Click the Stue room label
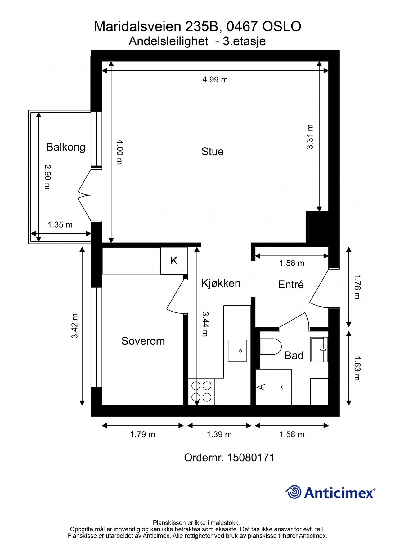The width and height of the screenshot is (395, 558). point(212,152)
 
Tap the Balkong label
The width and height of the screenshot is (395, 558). point(66,147)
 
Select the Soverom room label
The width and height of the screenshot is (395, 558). point(143,341)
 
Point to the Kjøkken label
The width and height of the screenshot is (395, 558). point(221,283)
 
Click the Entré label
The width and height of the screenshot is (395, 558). point(291,284)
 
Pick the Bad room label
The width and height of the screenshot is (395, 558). point(294,356)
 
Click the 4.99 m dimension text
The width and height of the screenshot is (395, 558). point(215,80)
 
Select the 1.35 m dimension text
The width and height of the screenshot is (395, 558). point(60,224)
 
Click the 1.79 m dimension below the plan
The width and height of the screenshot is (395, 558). point(142,434)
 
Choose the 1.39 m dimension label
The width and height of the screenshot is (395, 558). point(219,434)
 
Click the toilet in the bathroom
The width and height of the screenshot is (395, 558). point(271,347)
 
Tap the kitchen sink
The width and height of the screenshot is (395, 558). point(237,351)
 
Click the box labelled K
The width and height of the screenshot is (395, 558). point(174,261)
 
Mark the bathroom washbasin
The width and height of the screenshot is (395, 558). point(319,349)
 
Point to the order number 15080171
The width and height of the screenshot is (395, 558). point(251,458)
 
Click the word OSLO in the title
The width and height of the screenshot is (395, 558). point(282,27)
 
